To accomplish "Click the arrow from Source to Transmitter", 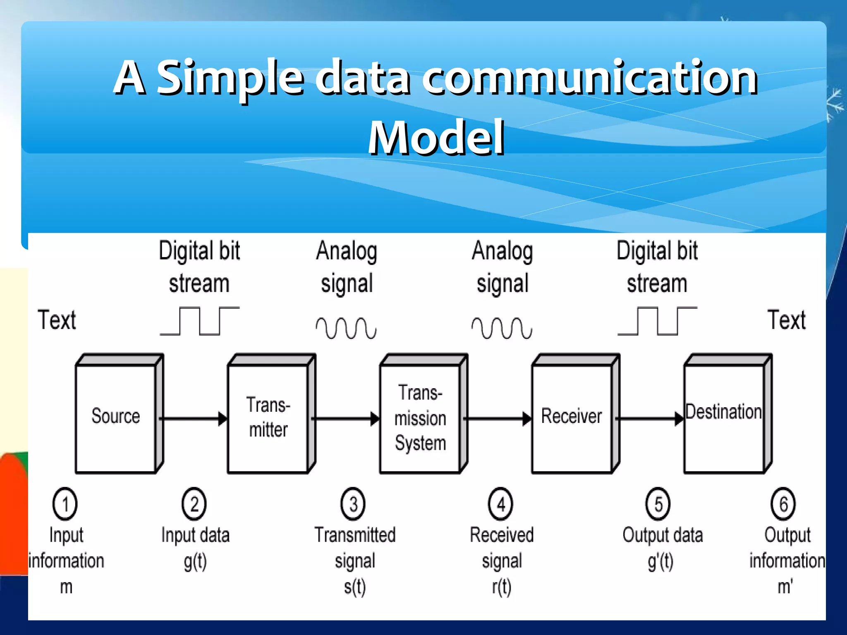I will [x=193, y=418].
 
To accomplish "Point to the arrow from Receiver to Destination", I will [x=649, y=418].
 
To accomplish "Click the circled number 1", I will [x=65, y=504].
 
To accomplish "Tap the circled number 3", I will [x=353, y=504].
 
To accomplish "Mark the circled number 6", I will [x=783, y=504].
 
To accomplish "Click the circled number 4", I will [x=500, y=504].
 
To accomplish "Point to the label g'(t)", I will [x=660, y=561].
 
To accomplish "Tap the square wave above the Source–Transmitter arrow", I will [x=200, y=321].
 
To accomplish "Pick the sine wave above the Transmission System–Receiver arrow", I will [x=502, y=328].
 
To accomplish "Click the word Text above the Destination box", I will [x=787, y=320].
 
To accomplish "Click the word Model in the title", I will [x=436, y=137].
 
